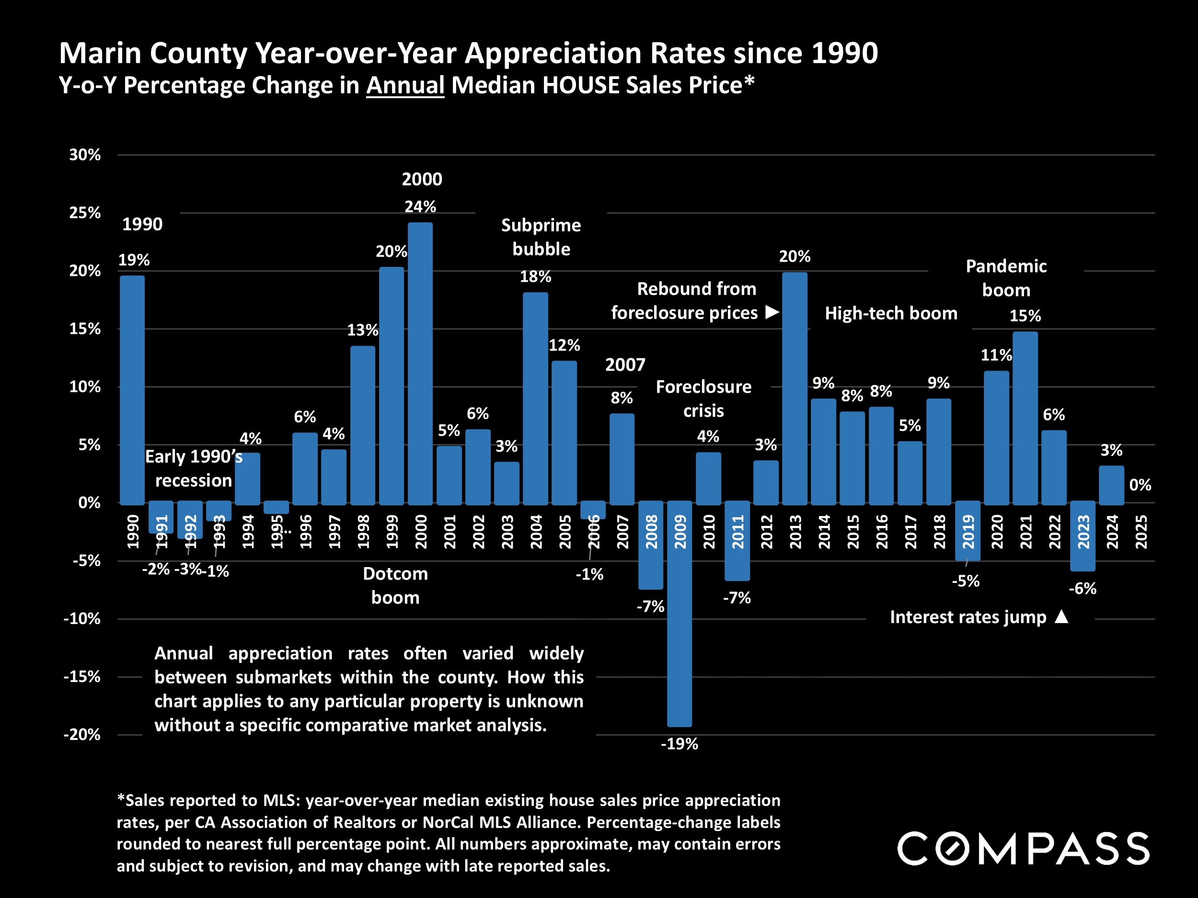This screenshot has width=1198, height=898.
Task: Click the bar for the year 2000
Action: [x=420, y=363]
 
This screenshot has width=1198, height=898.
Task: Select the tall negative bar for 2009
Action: [x=679, y=614]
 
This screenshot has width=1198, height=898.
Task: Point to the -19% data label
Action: [x=679, y=744]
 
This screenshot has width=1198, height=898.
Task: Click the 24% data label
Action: [x=420, y=207]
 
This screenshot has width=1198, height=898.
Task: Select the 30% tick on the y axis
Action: [x=84, y=155]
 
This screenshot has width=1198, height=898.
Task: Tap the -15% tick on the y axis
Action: [x=82, y=677]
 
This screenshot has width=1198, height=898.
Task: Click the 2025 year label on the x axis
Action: [x=1140, y=532]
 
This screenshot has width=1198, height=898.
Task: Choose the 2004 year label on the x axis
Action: [x=536, y=532]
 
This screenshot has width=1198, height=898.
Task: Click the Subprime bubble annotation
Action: [x=541, y=237]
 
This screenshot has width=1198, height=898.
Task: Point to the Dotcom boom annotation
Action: [x=395, y=586]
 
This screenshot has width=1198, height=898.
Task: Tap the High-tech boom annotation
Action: [x=891, y=313]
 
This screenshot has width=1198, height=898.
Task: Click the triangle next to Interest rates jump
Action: [x=1061, y=616]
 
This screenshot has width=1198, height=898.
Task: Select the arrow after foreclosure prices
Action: [x=772, y=312]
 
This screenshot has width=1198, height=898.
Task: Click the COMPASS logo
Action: [x=1023, y=848]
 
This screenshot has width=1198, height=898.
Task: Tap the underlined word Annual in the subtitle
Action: [x=405, y=86]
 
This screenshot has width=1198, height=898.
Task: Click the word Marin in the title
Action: [x=99, y=53]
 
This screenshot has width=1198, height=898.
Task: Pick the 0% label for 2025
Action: [x=1140, y=485]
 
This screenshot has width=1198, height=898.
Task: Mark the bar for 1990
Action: [x=132, y=390]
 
